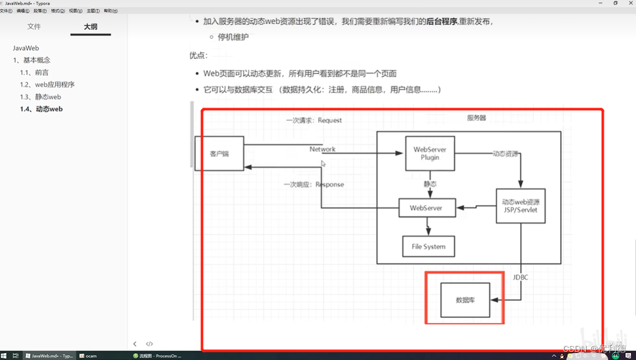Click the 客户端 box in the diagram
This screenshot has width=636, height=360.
pos(219,154)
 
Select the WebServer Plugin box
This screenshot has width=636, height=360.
pos(430,153)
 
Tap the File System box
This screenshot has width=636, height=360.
pos(429,246)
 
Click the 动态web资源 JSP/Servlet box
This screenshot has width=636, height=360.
pos(520,206)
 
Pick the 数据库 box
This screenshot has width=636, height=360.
pos(465,300)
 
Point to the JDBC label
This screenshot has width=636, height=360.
pos(520,277)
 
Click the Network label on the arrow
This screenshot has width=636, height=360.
pos(322,149)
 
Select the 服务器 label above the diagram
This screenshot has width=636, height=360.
pos(476,118)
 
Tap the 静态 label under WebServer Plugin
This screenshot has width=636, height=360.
pos(430,184)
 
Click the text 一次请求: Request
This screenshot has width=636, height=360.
pos(314,120)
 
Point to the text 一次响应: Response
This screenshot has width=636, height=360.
pos(314,185)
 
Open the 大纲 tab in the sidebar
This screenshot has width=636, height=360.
pos(90,27)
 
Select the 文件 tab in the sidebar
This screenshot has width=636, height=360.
pos(34,27)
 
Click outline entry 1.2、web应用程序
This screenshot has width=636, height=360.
pos(47,85)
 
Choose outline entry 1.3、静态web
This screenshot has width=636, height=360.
pos(40,97)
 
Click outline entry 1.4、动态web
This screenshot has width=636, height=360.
pos(41,109)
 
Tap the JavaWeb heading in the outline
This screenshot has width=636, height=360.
pos(26,48)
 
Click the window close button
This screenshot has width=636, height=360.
pos(630,3)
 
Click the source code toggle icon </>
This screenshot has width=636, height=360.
pos(150,344)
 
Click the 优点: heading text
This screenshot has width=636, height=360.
pos(199,56)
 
